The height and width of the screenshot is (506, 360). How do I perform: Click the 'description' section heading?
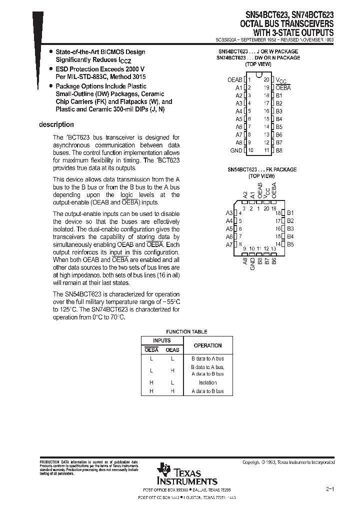click(56, 124)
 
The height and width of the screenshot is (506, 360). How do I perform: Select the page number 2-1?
click(329, 487)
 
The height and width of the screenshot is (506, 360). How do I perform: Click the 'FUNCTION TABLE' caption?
click(186, 331)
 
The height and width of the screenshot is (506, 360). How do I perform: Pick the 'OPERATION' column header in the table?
click(207, 345)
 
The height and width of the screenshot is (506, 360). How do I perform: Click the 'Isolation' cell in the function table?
click(207, 382)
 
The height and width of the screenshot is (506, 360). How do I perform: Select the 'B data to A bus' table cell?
click(207, 359)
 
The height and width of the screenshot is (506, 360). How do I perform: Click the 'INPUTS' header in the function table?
click(161, 340)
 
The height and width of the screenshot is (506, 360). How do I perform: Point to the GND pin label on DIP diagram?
click(236, 150)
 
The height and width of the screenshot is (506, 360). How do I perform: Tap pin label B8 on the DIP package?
click(279, 150)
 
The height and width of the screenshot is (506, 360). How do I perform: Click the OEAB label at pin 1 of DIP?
click(234, 79)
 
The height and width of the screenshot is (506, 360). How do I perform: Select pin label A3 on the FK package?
click(229, 212)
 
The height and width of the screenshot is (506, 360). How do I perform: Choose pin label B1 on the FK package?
click(290, 212)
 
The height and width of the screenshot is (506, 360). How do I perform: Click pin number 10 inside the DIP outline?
click(250, 150)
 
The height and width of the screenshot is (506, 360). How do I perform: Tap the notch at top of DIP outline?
click(258, 75)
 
